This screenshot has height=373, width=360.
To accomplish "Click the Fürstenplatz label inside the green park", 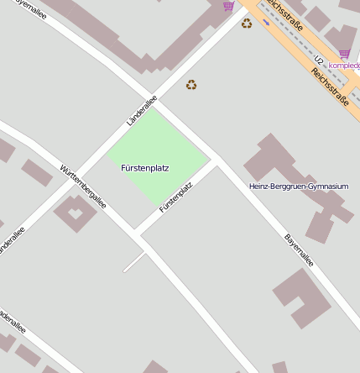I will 145,168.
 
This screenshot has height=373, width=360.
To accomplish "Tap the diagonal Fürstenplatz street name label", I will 176,197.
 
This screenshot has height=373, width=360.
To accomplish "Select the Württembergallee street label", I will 83,186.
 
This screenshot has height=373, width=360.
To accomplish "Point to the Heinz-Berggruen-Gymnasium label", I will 299,186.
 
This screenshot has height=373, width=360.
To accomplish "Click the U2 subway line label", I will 319,60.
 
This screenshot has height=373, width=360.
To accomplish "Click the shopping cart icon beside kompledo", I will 344,54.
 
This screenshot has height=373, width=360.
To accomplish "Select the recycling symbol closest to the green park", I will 191,85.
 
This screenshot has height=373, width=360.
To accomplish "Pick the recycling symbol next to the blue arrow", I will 246,24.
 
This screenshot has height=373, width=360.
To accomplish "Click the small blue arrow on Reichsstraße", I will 266,22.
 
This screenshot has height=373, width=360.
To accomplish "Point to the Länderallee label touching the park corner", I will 141,112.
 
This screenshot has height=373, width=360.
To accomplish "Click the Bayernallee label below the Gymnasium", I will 299,250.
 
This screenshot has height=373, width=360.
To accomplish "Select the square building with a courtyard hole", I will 76,213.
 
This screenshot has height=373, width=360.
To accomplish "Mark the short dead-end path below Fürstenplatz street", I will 134,262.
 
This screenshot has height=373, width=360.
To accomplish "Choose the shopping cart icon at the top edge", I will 228,6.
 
